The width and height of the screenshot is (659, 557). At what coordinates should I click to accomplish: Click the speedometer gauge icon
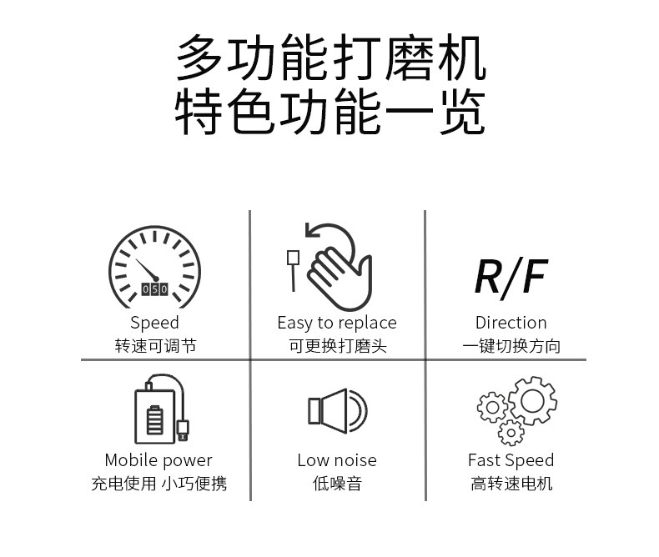point(155,267)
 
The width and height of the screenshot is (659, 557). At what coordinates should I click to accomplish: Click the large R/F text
point(510,277)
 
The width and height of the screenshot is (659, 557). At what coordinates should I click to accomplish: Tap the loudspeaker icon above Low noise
point(336,410)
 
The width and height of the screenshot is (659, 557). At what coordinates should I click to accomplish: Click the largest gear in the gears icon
point(532,401)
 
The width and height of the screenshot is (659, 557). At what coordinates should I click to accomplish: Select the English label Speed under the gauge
point(154,323)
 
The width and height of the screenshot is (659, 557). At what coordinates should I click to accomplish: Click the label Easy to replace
point(337,323)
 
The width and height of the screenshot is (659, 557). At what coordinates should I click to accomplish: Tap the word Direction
point(511,323)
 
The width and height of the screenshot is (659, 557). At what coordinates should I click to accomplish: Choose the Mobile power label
point(158,460)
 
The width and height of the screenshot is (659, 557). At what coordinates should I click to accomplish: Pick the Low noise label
point(337,460)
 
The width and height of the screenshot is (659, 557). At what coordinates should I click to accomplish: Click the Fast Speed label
point(511,460)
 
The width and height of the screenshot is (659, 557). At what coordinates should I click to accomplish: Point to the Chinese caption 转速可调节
point(155,346)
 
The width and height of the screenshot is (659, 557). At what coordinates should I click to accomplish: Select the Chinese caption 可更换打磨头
point(337,346)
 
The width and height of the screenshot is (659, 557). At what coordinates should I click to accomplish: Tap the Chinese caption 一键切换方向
point(511,346)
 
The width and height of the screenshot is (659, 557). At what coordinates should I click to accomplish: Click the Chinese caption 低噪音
point(337,484)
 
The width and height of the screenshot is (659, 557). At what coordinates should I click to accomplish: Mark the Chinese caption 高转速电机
point(511,484)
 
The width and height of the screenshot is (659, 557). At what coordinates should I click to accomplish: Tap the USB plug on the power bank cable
point(183,429)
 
